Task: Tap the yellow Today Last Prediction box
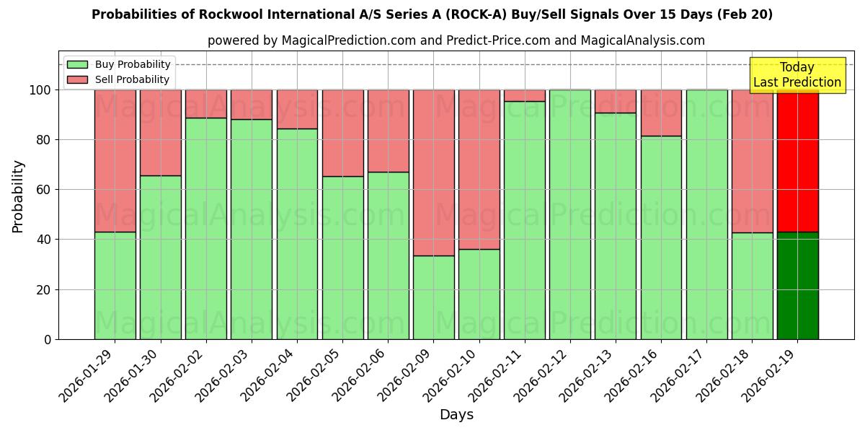click(797, 75)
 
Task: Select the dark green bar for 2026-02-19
click(797, 285)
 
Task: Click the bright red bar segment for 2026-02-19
click(797, 160)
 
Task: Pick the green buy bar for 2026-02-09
click(433, 297)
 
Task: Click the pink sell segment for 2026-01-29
click(115, 160)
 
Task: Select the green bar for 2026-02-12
click(569, 214)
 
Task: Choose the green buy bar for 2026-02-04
click(297, 234)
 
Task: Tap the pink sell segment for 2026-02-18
click(752, 161)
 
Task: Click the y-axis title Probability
click(18, 196)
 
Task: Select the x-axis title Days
click(456, 415)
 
